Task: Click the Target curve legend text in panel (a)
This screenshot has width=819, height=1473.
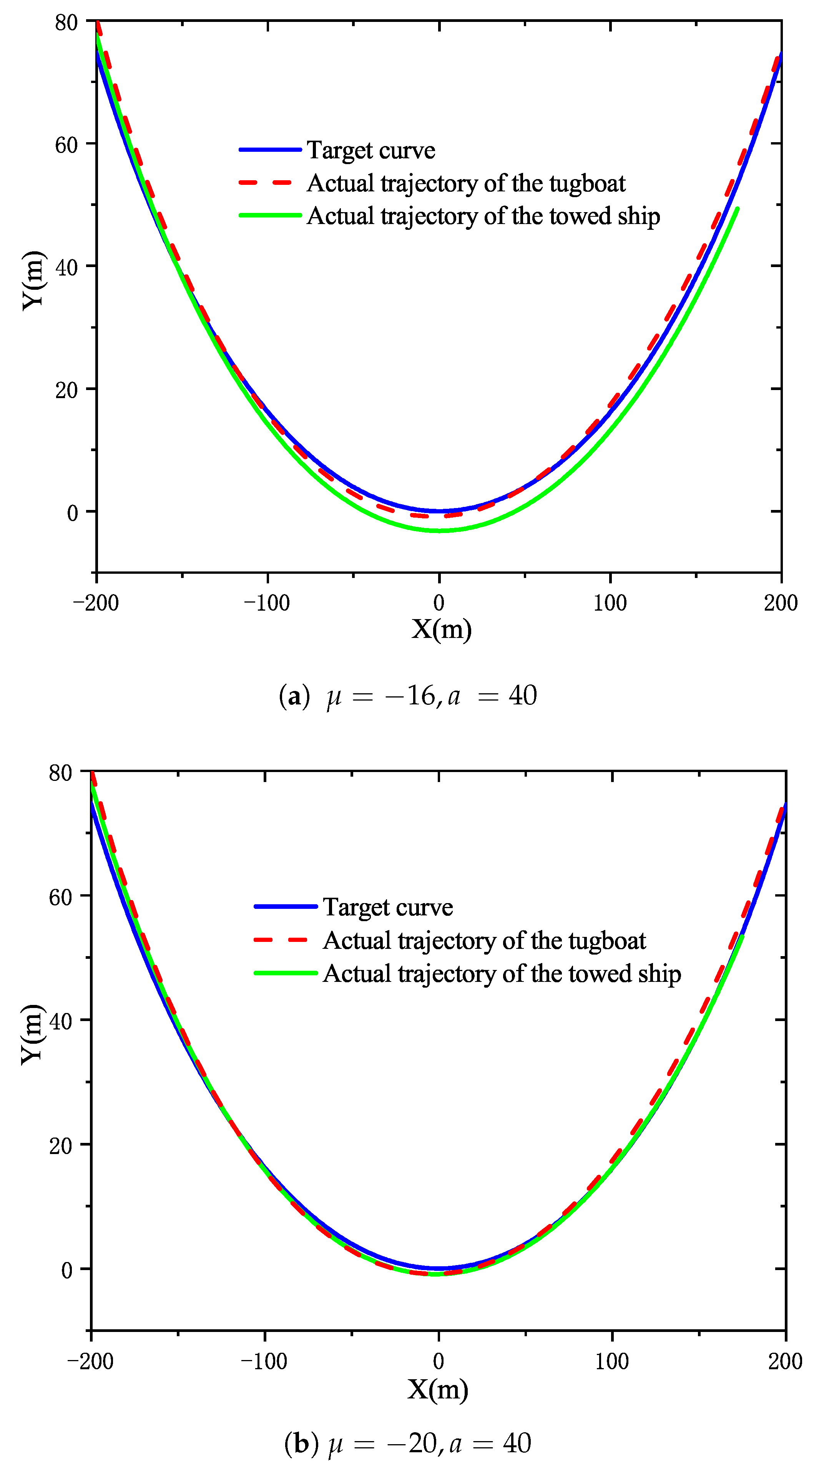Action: point(370,150)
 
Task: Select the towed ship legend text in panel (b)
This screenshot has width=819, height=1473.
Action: point(502,974)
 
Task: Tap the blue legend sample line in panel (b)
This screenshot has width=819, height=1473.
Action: point(286,906)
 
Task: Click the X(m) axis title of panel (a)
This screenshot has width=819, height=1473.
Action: point(441,629)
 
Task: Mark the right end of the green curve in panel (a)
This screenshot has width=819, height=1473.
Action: point(737,209)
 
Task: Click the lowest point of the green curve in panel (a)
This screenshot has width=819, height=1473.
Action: point(439,531)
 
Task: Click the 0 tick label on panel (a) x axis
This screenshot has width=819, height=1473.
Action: point(439,603)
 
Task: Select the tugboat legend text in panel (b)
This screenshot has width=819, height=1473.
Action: point(484,941)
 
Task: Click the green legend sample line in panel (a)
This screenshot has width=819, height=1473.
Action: point(269,216)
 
